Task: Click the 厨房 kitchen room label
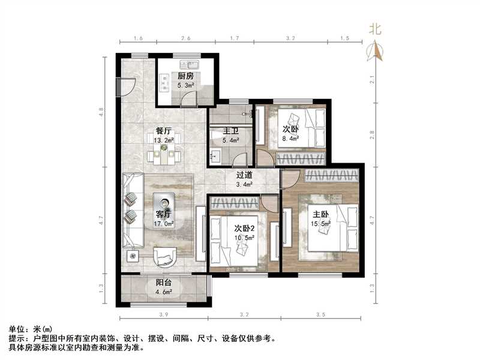click(x=185, y=76)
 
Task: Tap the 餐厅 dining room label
click(x=164, y=131)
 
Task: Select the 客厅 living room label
click(x=164, y=215)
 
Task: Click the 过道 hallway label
click(x=244, y=175)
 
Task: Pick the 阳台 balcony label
click(x=164, y=283)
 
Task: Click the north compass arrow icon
click(x=376, y=50)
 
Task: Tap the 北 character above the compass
click(x=376, y=28)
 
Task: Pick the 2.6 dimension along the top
click(x=185, y=38)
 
